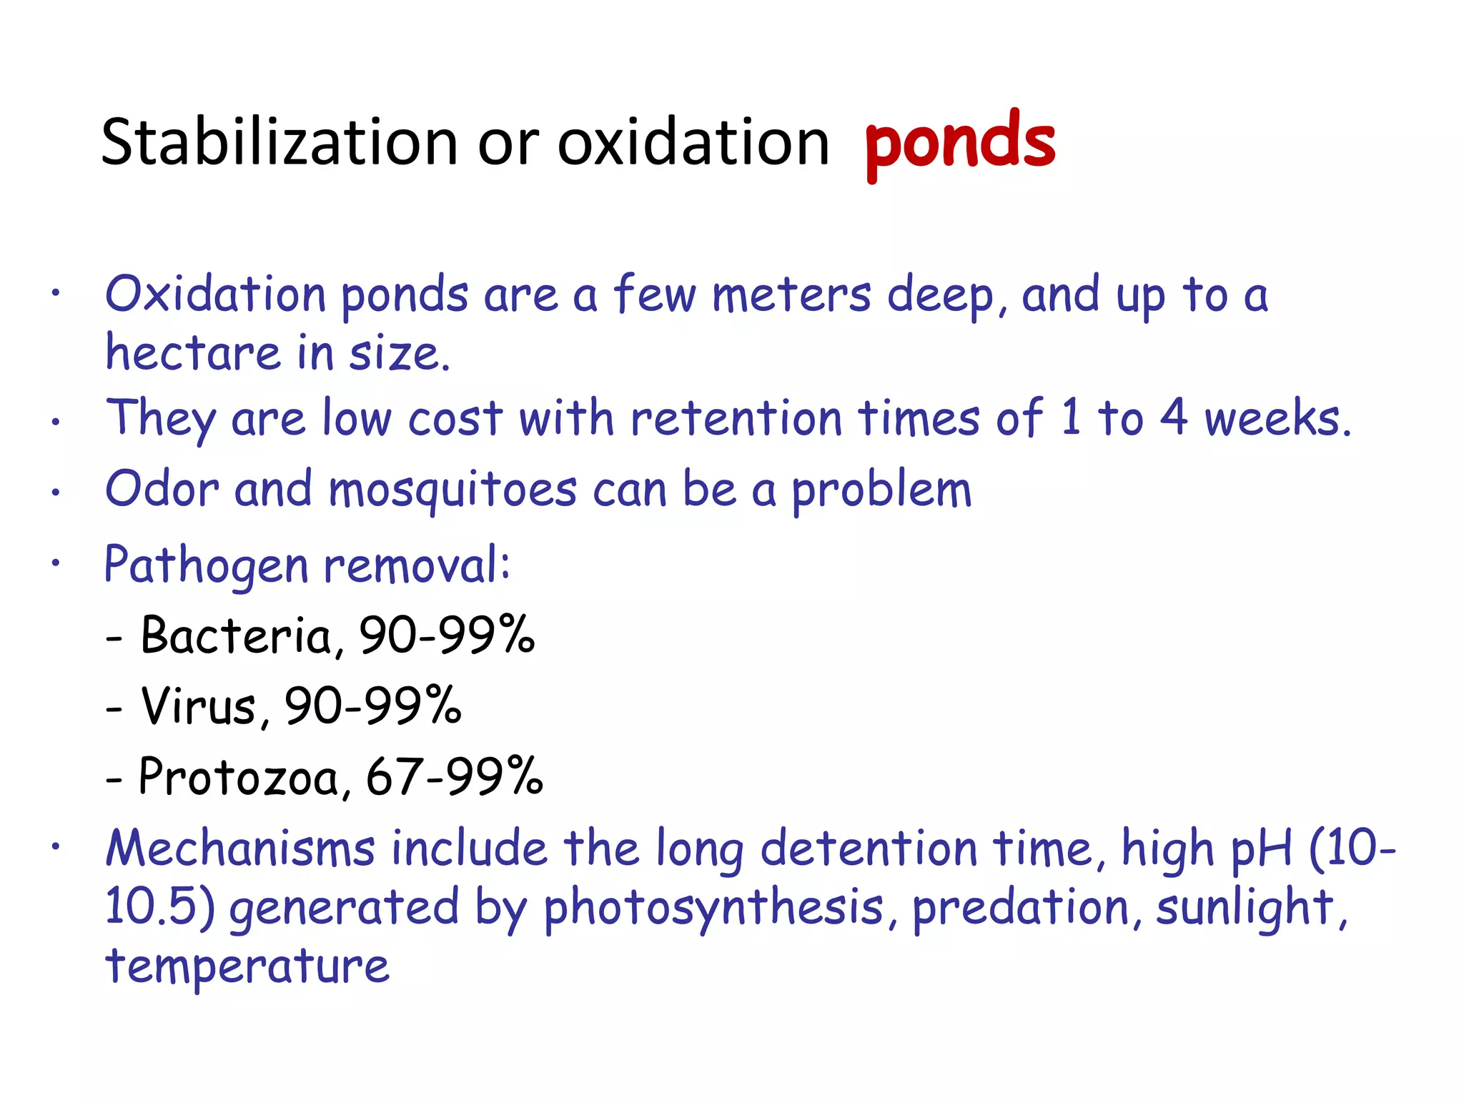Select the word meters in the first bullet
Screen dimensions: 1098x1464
coord(792,295)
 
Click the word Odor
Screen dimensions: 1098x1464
coord(162,490)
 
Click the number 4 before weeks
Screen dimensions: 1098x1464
coord(1173,417)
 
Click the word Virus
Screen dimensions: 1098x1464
coord(199,706)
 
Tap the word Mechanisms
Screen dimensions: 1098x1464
coord(240,849)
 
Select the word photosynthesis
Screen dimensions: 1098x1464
coord(713,908)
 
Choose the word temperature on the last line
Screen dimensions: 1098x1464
coord(247,966)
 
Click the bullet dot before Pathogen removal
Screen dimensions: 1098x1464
coord(55,563)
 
